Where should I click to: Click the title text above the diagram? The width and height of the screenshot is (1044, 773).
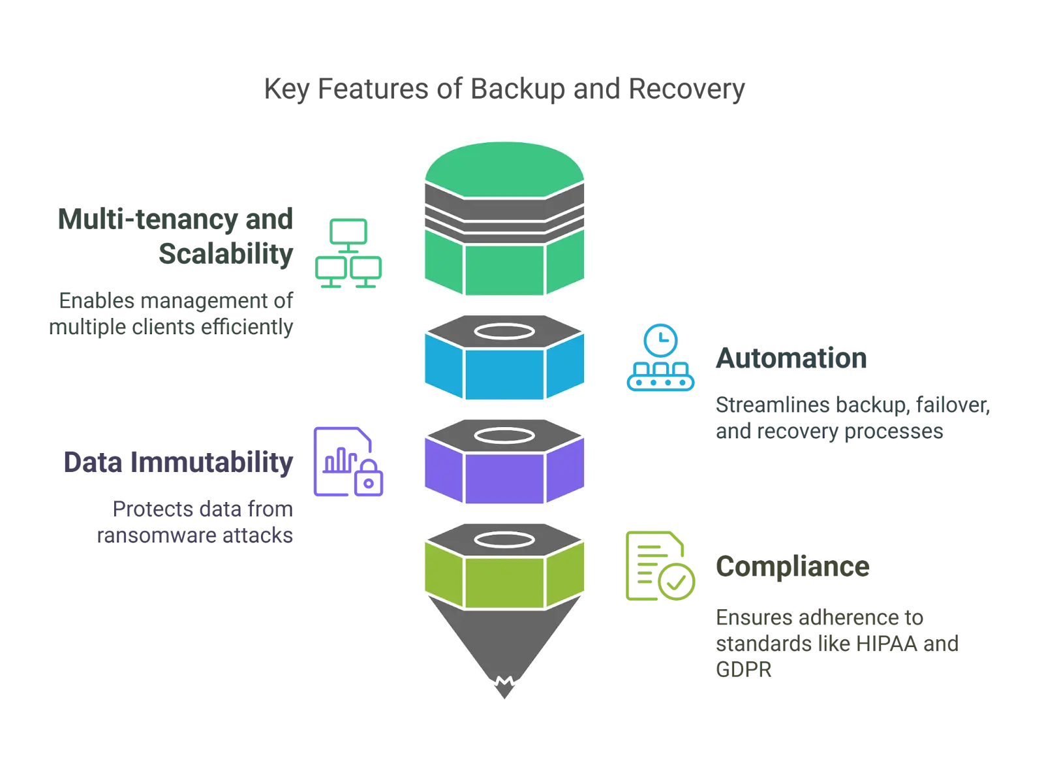coord(502,87)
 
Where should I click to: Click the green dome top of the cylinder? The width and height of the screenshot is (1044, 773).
coord(503,163)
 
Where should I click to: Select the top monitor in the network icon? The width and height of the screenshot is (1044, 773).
coord(349,230)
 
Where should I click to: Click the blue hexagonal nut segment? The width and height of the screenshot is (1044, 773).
coord(503,373)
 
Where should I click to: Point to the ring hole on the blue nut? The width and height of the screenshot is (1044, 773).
coord(503,331)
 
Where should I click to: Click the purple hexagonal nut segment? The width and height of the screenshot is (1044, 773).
coord(503,477)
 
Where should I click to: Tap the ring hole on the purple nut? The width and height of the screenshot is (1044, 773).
coord(503,435)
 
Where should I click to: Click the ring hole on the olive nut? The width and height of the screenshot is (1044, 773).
coord(503,540)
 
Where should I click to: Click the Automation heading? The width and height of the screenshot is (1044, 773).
coord(791,359)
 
